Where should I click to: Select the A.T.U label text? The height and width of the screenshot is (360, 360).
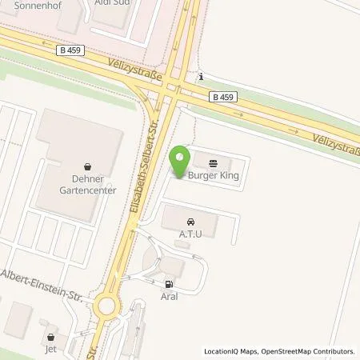click(190, 234)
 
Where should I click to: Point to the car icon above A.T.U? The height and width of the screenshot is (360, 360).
click(190, 221)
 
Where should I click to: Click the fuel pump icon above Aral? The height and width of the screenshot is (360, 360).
click(168, 284)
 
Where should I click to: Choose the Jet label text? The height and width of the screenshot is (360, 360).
click(52, 350)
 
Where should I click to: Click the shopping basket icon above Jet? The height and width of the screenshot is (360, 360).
click(52, 338)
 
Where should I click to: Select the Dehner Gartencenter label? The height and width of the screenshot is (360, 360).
click(88, 185)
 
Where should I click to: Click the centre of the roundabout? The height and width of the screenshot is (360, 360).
click(105, 305)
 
